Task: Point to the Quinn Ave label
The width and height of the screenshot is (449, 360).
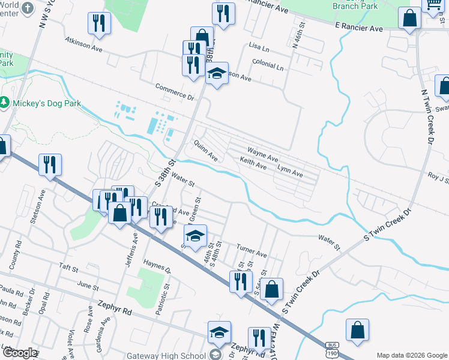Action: (x=205, y=149)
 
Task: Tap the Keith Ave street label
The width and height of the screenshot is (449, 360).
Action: (x=253, y=163)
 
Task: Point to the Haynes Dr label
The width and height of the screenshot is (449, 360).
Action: (x=157, y=267)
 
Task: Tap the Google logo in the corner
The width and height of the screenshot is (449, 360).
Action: (x=19, y=353)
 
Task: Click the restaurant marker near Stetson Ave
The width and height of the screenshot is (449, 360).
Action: (x=50, y=164)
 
